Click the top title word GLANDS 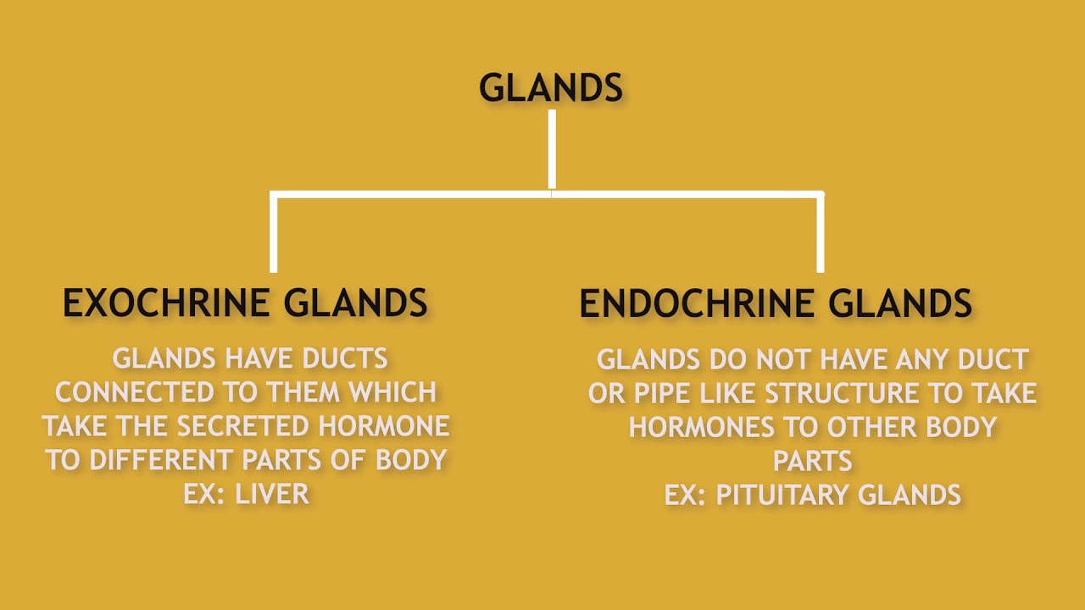tap(551, 88)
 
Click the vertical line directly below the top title tap(552, 148)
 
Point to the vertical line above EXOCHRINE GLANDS tap(273, 233)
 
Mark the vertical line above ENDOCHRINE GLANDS tap(820, 233)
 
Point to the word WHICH tap(395, 392)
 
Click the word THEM tap(304, 392)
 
